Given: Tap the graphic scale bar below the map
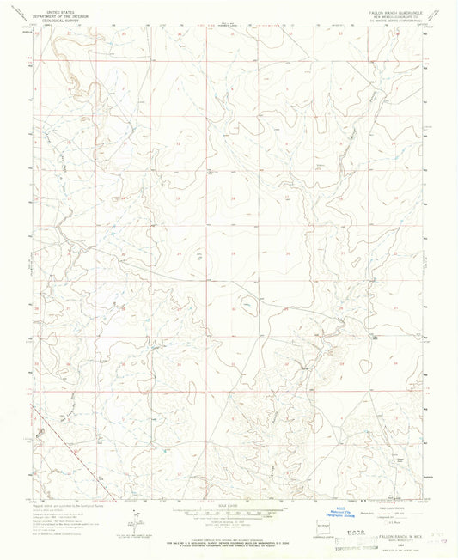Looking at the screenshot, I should [x=229, y=512].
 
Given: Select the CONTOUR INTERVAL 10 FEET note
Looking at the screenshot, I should [x=229, y=522].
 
